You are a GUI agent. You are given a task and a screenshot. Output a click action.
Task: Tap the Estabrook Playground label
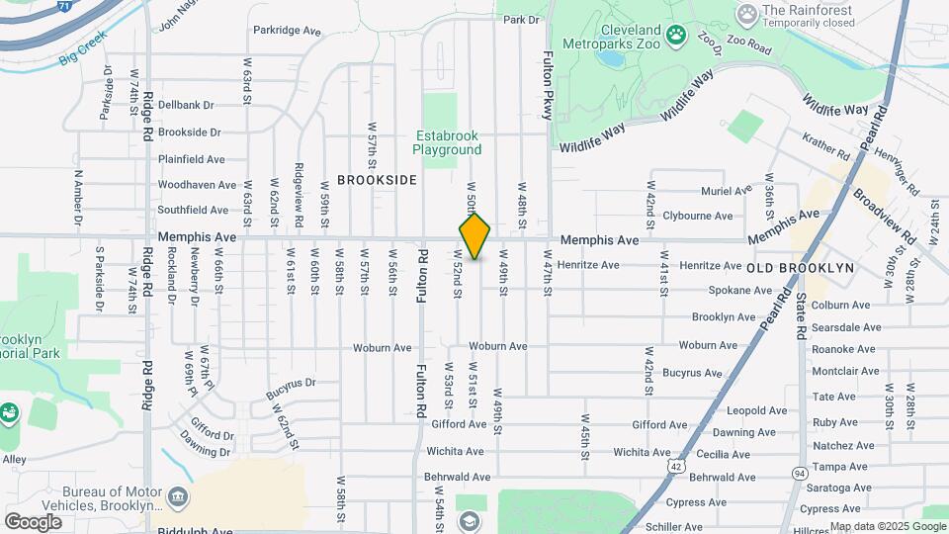pyautogui.click(x=447, y=142)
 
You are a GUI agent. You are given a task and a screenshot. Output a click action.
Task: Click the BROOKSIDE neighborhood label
pyautogui.click(x=377, y=180)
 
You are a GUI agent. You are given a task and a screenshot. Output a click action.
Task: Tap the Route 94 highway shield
pyautogui.click(x=798, y=474)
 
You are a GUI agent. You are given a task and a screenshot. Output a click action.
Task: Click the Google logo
pyautogui.click(x=33, y=521)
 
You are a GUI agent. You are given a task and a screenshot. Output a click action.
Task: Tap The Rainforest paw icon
pyautogui.click(x=747, y=14)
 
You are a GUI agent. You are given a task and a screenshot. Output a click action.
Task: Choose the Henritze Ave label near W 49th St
pyautogui.click(x=588, y=265)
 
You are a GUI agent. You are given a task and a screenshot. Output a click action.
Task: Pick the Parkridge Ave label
pyautogui.click(x=287, y=32)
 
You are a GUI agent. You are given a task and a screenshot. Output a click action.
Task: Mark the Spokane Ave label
pyautogui.click(x=740, y=291)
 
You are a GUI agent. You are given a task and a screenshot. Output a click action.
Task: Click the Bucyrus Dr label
pyautogui.click(x=290, y=389)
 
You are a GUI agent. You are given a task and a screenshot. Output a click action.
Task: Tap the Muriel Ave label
pyautogui.click(x=726, y=190)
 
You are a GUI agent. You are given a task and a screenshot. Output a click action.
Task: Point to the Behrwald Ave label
pyautogui.click(x=458, y=477)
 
